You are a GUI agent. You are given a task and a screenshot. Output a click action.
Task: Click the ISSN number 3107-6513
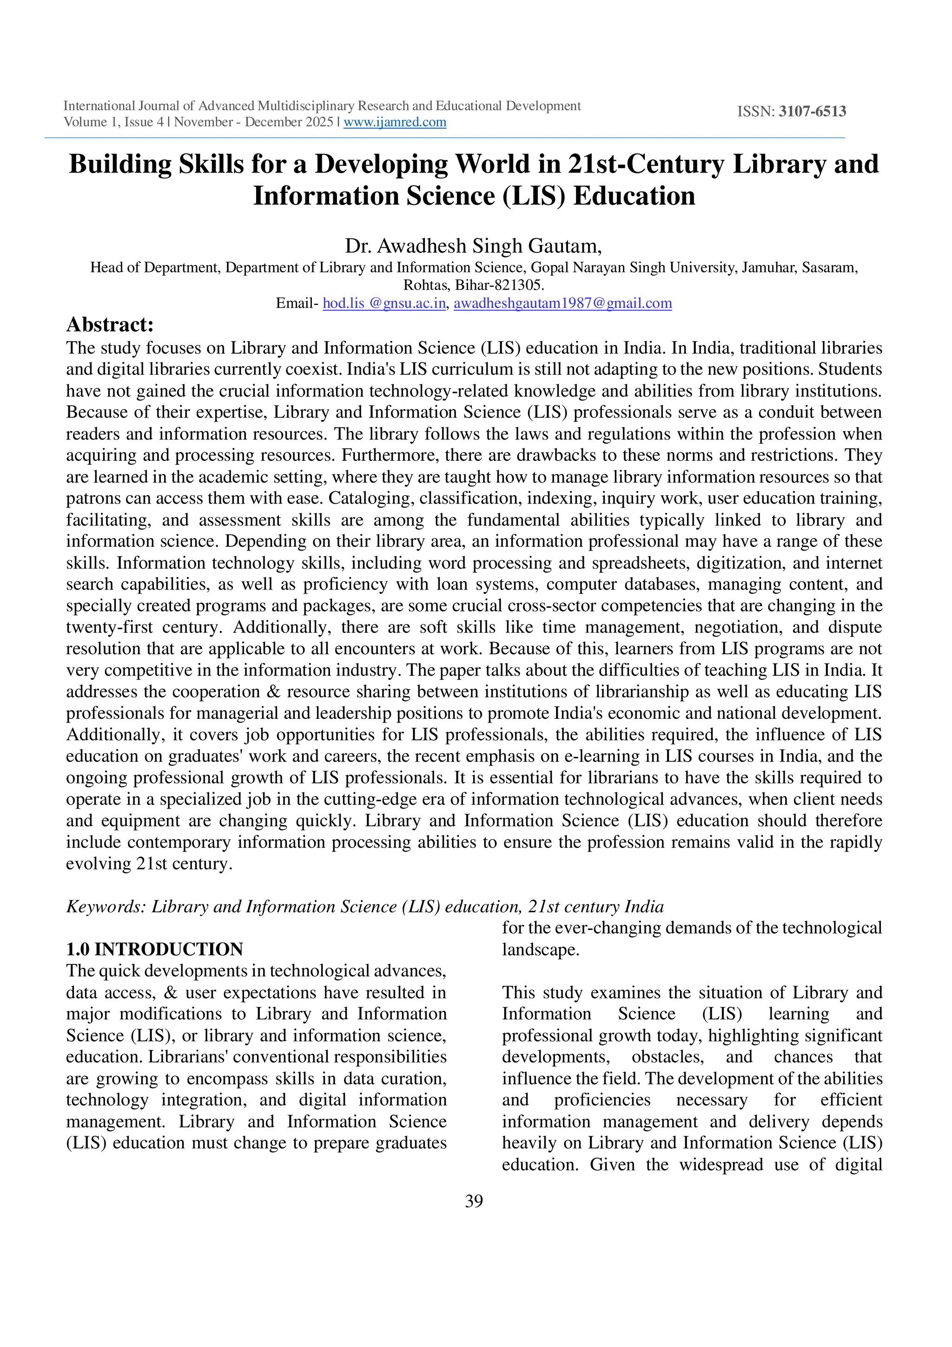tap(813, 112)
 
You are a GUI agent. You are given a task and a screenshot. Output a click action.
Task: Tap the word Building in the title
tap(120, 164)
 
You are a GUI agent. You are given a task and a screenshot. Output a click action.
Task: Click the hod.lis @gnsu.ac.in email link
tap(384, 303)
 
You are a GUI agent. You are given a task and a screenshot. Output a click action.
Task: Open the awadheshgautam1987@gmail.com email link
tap(562, 303)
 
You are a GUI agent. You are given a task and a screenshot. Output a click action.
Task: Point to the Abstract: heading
tap(110, 325)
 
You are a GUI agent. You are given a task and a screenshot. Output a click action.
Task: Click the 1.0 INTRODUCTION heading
tap(154, 949)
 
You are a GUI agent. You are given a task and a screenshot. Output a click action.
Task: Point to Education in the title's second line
tap(634, 196)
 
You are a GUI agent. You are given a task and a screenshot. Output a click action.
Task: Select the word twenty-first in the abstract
tap(109, 627)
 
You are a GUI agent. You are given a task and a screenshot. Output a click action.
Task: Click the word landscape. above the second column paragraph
tap(540, 949)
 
